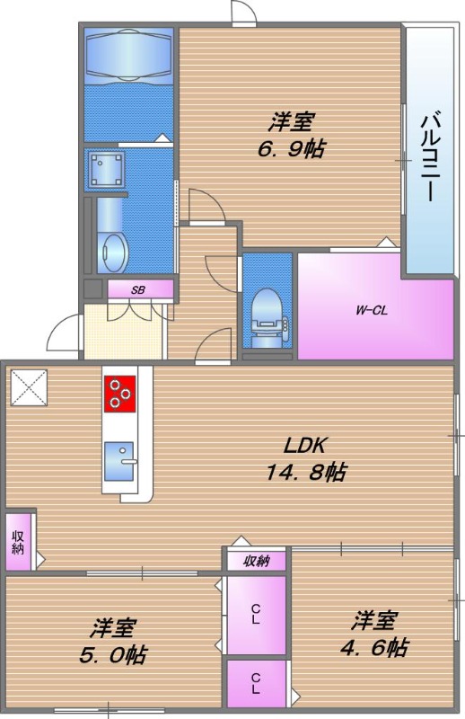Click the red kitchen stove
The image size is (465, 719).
[x=120, y=393]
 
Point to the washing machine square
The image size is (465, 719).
[x=106, y=169]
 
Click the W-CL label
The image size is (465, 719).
[x=371, y=311]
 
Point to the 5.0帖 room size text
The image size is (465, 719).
[x=110, y=639]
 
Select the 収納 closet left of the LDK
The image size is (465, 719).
[x=19, y=540]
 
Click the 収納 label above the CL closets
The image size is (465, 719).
[x=256, y=562]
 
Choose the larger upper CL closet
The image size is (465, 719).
[x=256, y=615]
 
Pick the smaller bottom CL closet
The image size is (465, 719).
[x=256, y=685]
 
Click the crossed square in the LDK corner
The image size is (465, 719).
[x=29, y=387]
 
